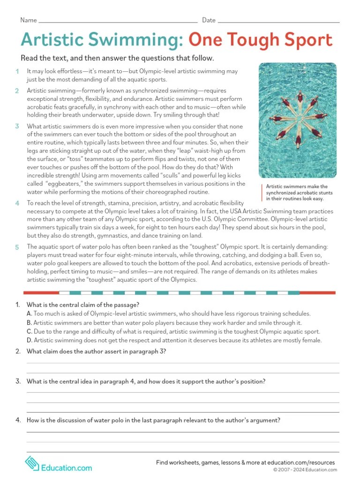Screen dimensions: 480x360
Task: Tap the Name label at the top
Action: [x=28, y=20]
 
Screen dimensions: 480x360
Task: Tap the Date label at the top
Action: [x=209, y=20]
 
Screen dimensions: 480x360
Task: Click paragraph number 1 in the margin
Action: [x=17, y=71]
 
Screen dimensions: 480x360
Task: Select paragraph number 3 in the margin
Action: [x=17, y=126]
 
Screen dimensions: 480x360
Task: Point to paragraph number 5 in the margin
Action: [x=17, y=247]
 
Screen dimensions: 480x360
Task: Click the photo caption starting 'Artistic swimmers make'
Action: [x=298, y=192]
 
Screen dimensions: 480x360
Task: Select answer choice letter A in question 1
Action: [x=29, y=314]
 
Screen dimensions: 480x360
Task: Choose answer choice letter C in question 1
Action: [x=29, y=331]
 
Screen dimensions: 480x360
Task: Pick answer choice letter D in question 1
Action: [x=29, y=340]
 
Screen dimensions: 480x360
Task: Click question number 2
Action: [x=18, y=352]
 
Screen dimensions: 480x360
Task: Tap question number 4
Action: [x=18, y=420]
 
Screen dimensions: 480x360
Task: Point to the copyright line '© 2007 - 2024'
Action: [x=305, y=470]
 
